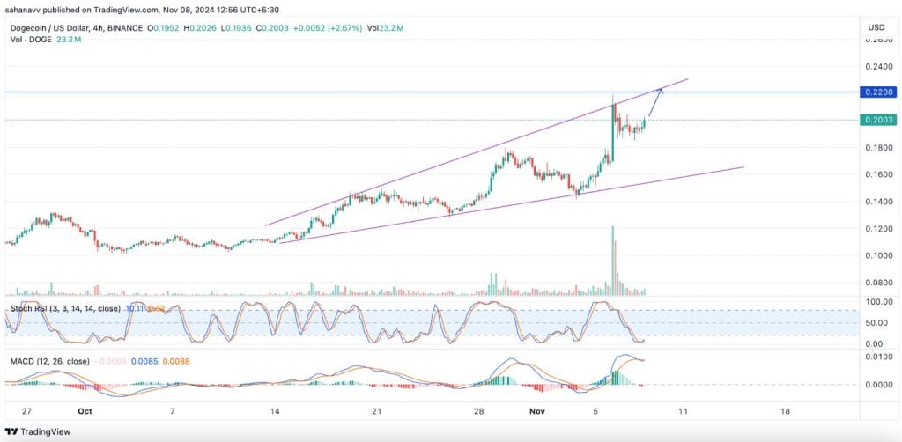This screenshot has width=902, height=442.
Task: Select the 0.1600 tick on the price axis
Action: [876, 174]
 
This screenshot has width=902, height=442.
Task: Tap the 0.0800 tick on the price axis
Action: [876, 283]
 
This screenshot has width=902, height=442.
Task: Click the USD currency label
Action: [876, 26]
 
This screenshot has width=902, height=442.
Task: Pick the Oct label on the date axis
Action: [85, 410]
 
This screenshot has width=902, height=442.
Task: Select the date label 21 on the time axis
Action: [376, 410]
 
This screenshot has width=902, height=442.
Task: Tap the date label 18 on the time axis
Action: [785, 410]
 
